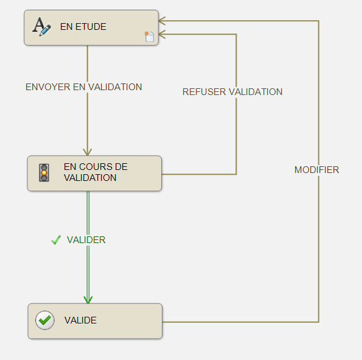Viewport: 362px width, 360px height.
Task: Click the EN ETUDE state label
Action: [x=83, y=27]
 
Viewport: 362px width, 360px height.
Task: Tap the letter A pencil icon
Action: [x=41, y=27]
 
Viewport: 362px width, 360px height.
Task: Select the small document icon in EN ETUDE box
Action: [x=150, y=37]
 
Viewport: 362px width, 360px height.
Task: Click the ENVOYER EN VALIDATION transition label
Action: [x=83, y=87]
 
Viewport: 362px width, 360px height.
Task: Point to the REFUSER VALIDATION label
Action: [x=232, y=92]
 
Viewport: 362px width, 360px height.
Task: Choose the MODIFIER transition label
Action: [x=316, y=170]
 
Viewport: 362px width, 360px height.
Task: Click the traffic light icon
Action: [x=44, y=173]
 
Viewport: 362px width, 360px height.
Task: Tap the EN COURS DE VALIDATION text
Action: [x=96, y=172]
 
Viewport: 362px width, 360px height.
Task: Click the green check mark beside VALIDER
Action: [x=56, y=240]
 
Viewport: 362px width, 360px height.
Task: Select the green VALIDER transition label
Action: [x=86, y=240]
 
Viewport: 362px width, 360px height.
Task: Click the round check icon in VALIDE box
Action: [x=45, y=320]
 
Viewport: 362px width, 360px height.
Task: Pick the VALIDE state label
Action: [x=80, y=320]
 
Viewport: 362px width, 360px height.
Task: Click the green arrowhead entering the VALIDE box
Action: [x=88, y=300]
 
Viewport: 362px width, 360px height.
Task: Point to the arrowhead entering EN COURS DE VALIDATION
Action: [x=87, y=152]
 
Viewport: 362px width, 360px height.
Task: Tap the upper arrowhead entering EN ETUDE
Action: [x=162, y=21]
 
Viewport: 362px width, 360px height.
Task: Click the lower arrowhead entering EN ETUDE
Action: [x=162, y=34]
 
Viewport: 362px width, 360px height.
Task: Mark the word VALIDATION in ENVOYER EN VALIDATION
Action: [x=115, y=87]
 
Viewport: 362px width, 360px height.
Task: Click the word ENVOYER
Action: [x=48, y=87]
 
